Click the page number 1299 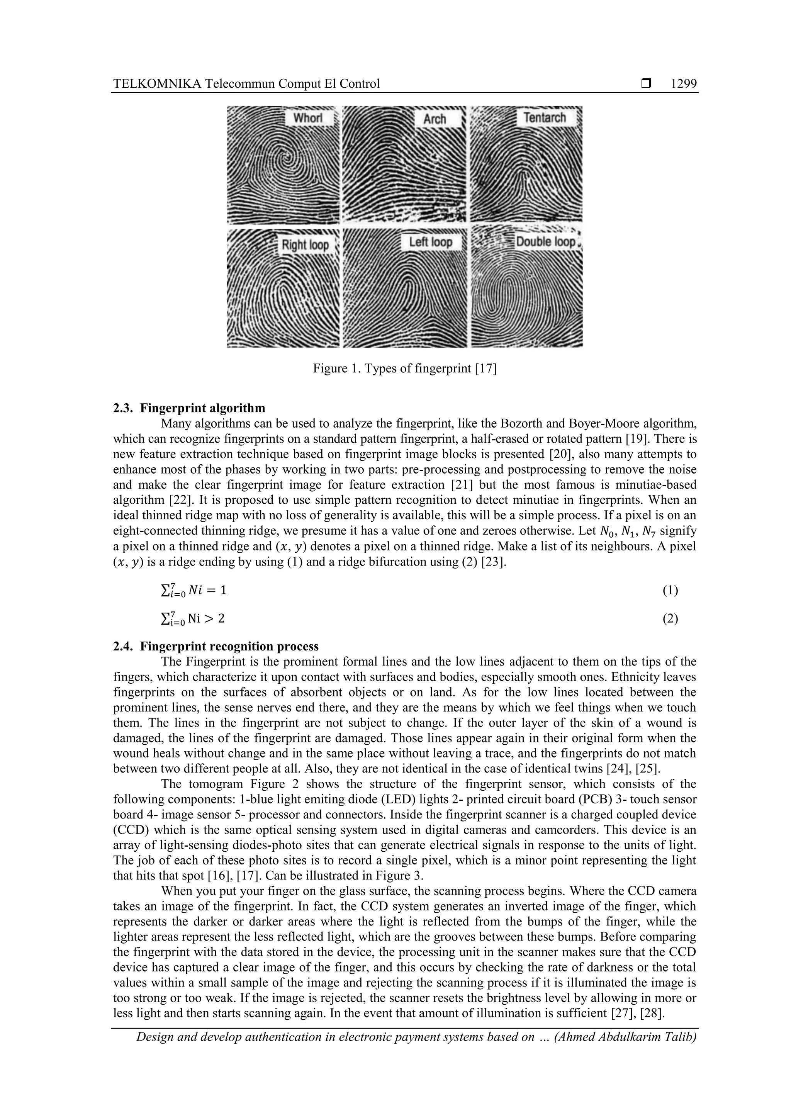(683, 84)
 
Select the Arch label (434, 119)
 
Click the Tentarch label (544, 117)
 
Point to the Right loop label (305, 245)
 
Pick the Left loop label (430, 242)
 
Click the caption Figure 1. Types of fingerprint (404, 369)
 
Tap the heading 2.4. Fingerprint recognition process (216, 646)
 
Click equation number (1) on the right (670, 590)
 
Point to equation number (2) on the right (670, 618)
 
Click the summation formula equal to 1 (194, 591)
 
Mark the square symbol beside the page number (646, 84)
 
